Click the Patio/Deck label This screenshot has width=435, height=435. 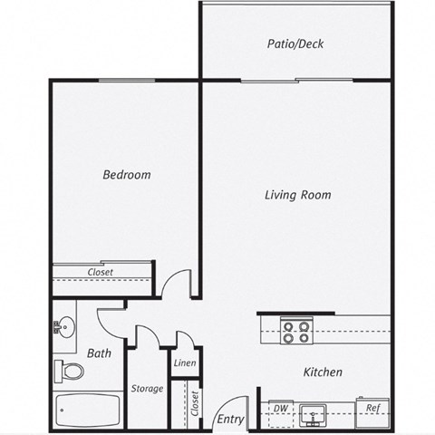[x=295, y=43]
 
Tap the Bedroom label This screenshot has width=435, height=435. [x=126, y=175]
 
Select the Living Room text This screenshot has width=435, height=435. [x=297, y=195]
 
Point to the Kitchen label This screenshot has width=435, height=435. [x=322, y=372]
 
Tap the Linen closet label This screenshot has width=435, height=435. [x=184, y=364]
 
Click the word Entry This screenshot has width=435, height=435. [x=231, y=419]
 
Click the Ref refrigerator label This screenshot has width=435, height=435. [x=372, y=409]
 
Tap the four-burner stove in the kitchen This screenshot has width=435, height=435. [x=295, y=332]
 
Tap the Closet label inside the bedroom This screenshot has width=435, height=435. [x=100, y=272]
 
